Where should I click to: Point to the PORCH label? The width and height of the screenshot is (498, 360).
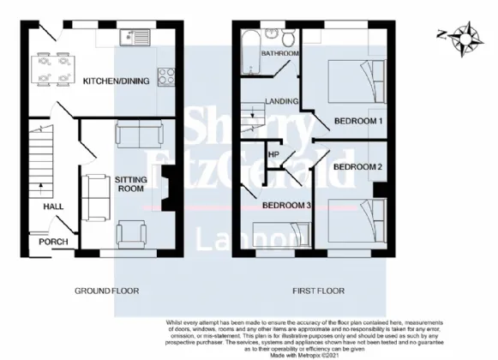[x=52, y=241]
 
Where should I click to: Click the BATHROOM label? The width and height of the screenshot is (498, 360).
[x=279, y=53]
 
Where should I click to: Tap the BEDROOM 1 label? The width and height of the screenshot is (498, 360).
[x=357, y=121]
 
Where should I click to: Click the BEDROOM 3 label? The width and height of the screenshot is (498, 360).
[x=286, y=206]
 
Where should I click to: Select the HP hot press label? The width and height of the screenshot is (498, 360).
[x=274, y=154]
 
